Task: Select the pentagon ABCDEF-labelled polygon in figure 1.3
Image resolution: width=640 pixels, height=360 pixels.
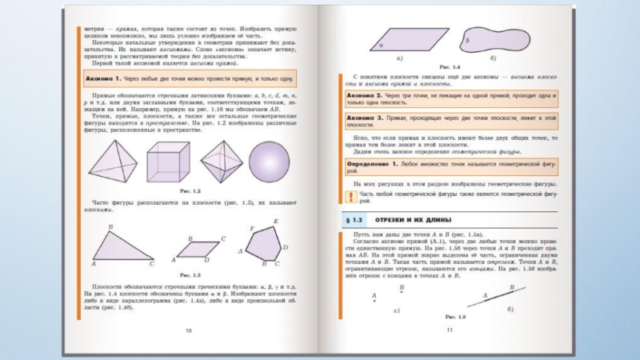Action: tap(266, 242)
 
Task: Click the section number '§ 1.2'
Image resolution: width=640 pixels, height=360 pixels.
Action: tap(353, 219)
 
